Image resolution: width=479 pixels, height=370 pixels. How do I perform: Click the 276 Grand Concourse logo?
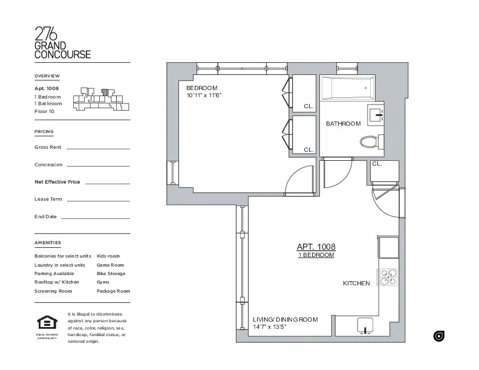(x=62, y=42)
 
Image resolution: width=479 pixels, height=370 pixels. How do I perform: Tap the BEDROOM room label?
(x=201, y=88)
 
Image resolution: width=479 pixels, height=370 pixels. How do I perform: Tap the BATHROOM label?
(x=343, y=124)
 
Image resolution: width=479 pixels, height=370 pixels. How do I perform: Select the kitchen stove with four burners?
(x=388, y=277)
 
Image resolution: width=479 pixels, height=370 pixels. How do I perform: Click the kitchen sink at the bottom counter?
(x=365, y=325)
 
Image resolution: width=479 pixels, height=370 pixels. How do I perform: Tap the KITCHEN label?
(x=356, y=284)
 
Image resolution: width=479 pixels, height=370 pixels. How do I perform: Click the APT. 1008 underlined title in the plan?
(x=316, y=247)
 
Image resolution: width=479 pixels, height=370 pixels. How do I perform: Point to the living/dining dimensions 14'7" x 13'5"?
(x=269, y=327)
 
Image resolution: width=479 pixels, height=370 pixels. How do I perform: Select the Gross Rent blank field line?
(x=98, y=148)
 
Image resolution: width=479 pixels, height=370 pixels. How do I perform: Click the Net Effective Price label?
(x=57, y=182)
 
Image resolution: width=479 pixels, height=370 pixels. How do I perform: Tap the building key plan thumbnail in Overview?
(x=102, y=100)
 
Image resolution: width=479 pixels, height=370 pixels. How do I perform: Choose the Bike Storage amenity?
(x=111, y=274)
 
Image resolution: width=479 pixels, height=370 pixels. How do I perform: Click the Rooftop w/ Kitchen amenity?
(x=57, y=282)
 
